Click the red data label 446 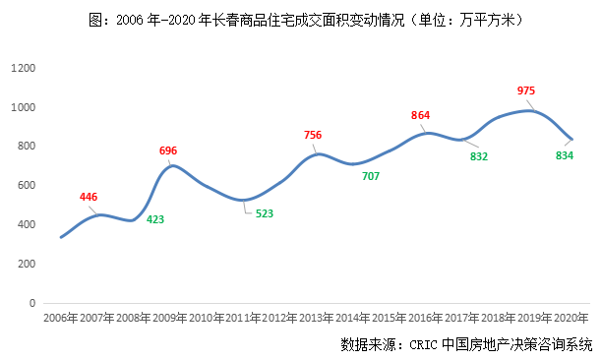click(89, 197)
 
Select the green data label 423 click(155, 219)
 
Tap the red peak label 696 click(168, 150)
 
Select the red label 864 click(420, 115)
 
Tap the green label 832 click(479, 155)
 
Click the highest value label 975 click(526, 90)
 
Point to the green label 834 click(565, 155)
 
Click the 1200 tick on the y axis click(23, 68)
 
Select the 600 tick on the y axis click(26, 185)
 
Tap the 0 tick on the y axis click(32, 303)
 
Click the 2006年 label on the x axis click(60, 320)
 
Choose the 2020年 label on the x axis click(571, 320)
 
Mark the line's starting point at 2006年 click(61, 237)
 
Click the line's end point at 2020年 click(572, 139)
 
